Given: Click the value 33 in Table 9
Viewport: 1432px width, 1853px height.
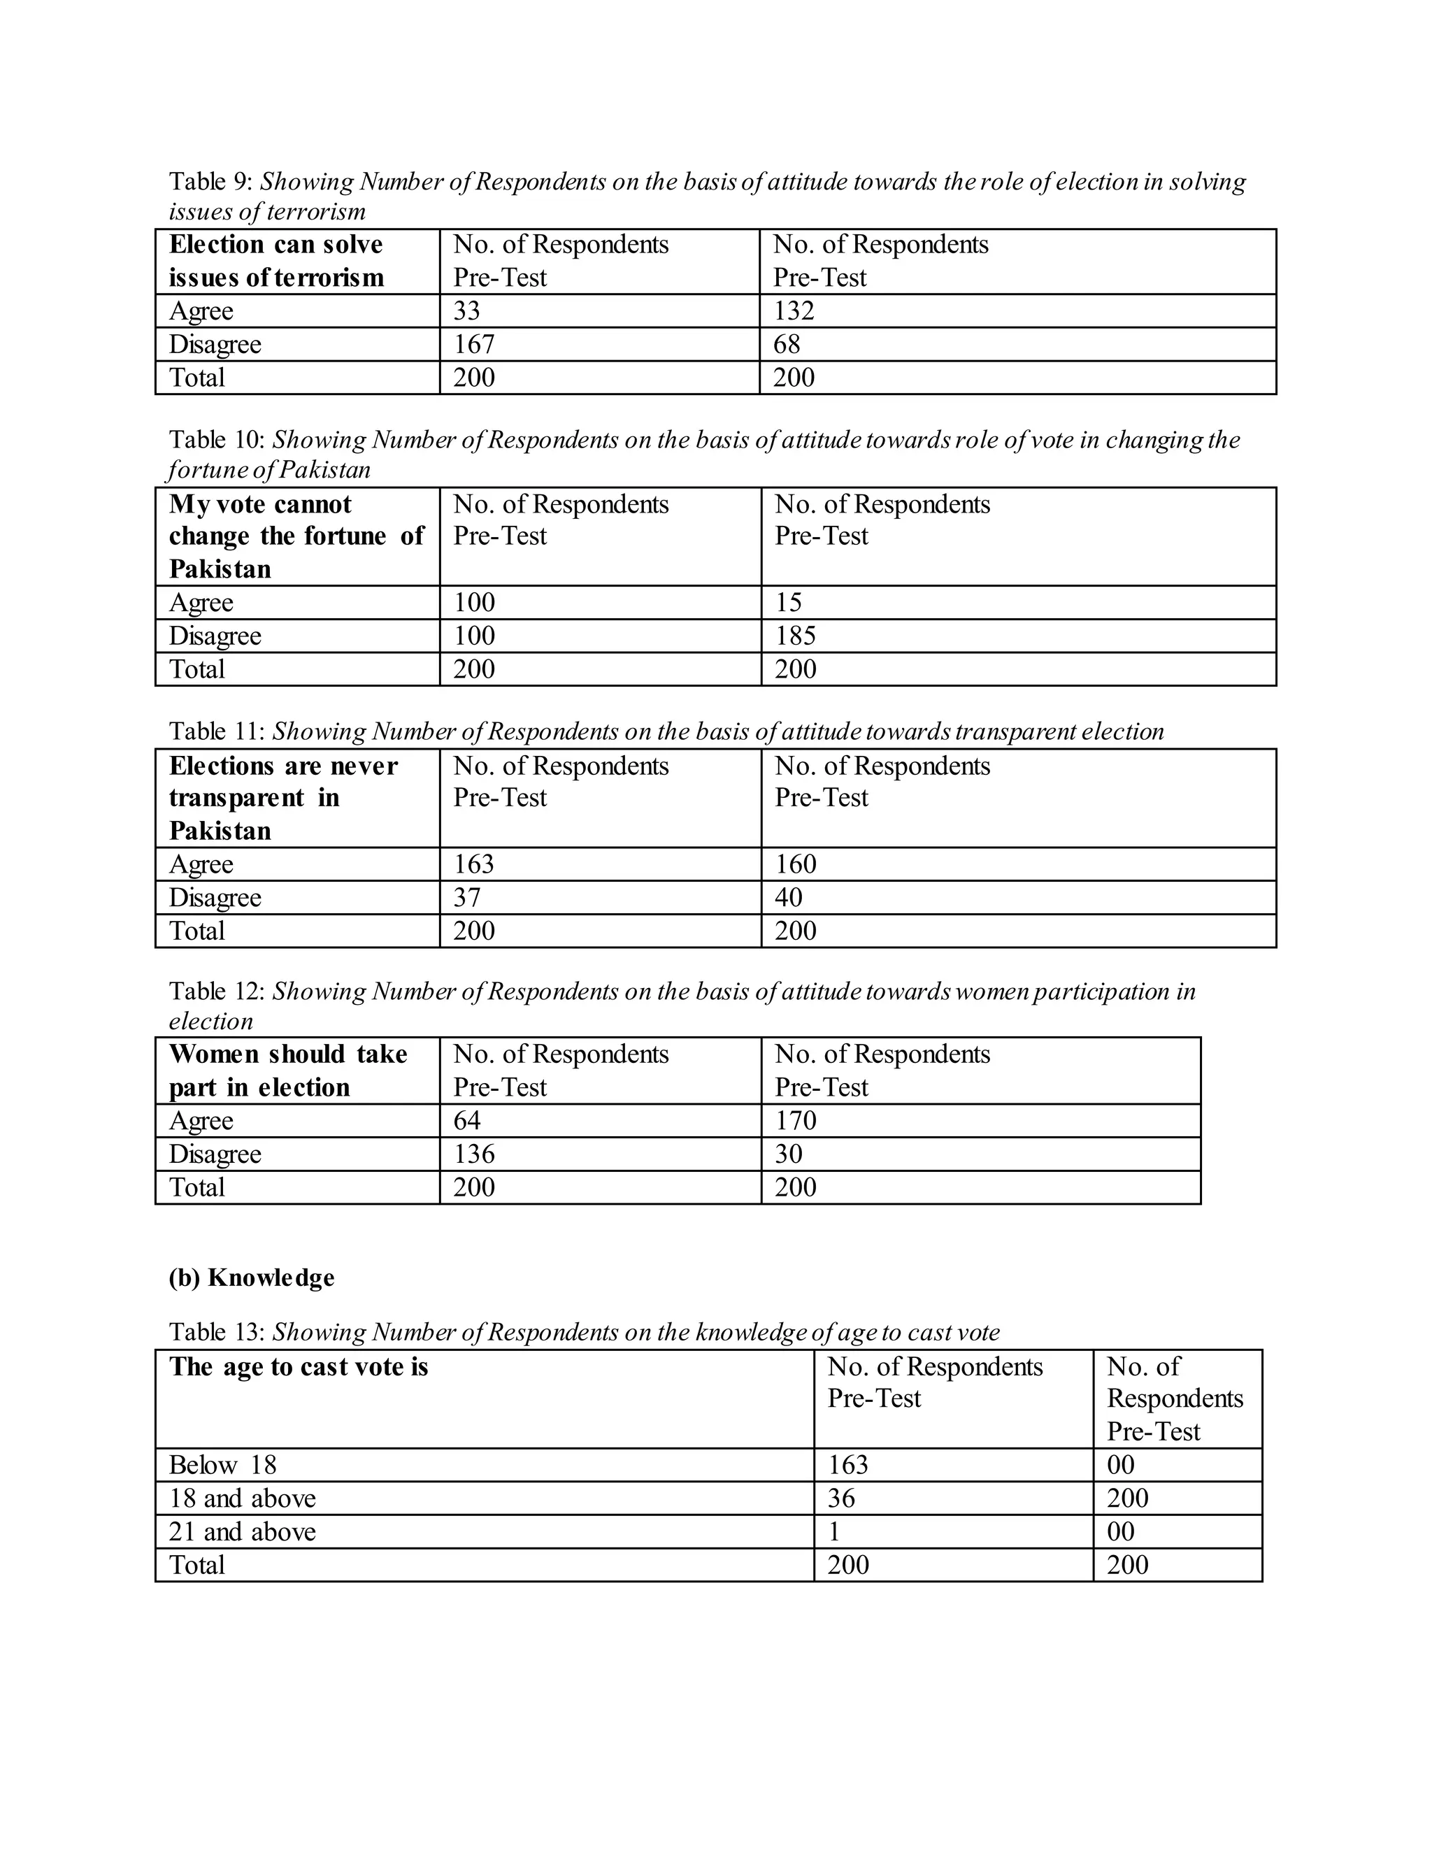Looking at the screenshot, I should point(466,310).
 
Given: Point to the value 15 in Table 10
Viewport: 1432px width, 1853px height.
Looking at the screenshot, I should point(788,602).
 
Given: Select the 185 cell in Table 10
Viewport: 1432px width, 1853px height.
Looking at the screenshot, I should point(795,636).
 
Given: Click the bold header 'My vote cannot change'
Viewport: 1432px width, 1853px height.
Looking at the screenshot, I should point(296,536).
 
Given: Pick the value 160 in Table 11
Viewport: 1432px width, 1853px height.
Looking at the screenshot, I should point(795,864).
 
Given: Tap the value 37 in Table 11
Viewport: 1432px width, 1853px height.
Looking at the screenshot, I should point(466,897).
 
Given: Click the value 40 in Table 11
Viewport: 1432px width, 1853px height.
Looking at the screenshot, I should point(788,897).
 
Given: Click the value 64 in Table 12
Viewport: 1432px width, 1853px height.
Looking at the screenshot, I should point(466,1120).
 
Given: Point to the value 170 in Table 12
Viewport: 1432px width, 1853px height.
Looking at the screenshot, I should point(795,1120).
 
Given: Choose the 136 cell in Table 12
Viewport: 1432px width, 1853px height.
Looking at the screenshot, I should point(473,1153).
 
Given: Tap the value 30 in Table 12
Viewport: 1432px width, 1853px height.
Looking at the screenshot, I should point(788,1153).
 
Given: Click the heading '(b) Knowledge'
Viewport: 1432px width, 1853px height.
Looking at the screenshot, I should point(251,1277).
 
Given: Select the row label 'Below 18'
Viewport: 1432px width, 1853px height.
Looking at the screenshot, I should point(222,1464).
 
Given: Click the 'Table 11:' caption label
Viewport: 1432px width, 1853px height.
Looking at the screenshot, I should point(217,731).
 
